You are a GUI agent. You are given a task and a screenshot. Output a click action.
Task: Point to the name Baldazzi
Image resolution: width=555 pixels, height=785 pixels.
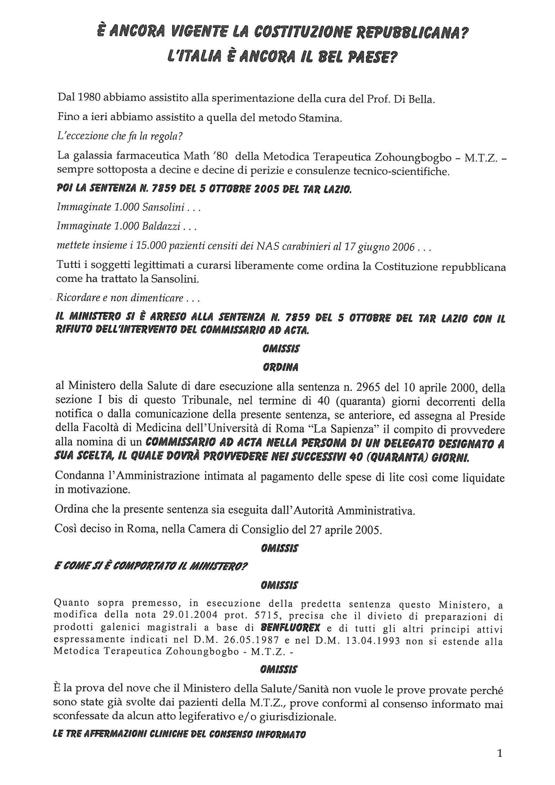coord(161,227)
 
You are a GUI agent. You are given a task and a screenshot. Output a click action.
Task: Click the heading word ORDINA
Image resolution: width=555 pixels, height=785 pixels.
coord(280,368)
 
